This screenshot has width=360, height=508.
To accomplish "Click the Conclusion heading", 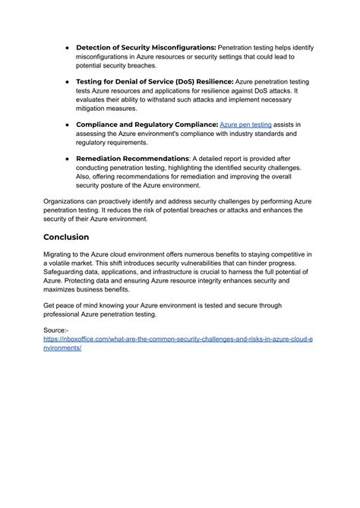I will coord(76,236).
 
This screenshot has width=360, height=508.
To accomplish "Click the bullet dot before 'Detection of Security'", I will coord(68,48).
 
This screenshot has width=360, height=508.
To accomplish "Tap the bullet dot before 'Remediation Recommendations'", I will coord(68,157).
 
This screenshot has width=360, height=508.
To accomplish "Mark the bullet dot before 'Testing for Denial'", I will coord(68,80).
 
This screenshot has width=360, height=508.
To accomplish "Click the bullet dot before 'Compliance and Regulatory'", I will coord(68,123).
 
